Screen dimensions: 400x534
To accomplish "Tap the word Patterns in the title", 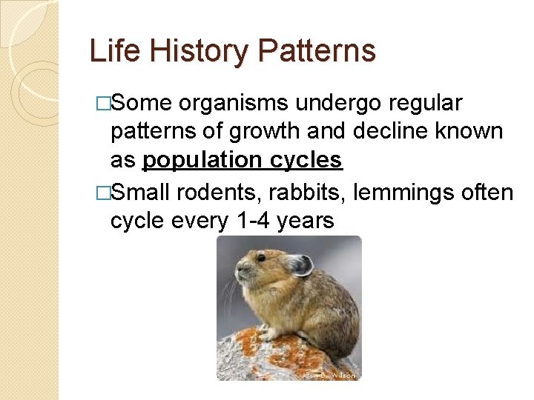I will tap(317, 51).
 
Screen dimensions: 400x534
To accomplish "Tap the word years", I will tap(305, 220).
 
